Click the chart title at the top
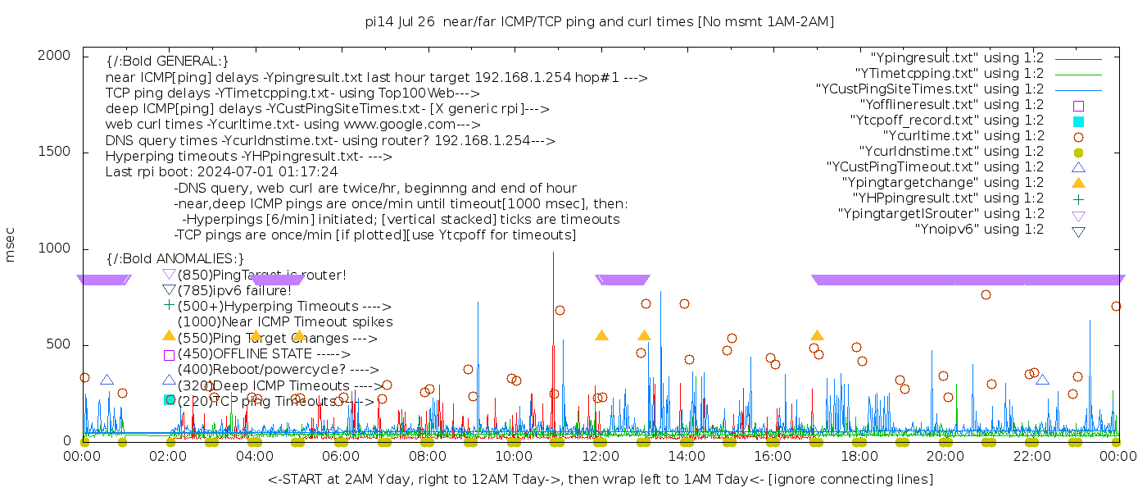[x=600, y=21]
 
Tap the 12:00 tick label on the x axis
[x=601, y=456]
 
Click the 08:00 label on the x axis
[x=428, y=456]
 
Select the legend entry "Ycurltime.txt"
[x=963, y=136]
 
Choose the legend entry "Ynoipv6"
[x=979, y=230]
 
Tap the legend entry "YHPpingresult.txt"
[x=948, y=198]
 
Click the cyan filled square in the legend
[x=1079, y=121]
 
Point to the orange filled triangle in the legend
[x=1079, y=182]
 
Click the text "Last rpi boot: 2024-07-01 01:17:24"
[x=221, y=172]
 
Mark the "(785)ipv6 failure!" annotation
[x=234, y=290]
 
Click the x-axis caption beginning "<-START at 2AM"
[x=600, y=479]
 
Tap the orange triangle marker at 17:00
[x=817, y=335]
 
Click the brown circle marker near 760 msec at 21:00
[x=986, y=295]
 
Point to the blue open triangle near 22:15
[x=1042, y=379]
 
